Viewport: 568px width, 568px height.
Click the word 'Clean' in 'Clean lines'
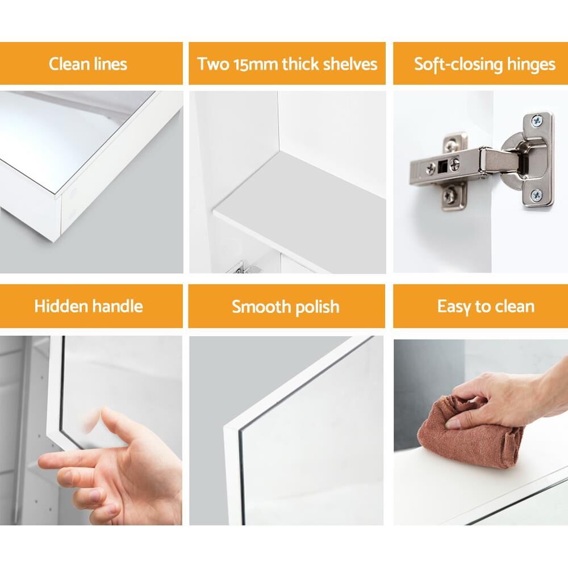click(x=69, y=64)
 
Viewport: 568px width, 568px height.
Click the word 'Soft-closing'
click(x=457, y=65)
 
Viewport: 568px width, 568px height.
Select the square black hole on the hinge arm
click(x=442, y=166)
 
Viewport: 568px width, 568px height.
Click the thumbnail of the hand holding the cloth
click(x=453, y=424)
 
